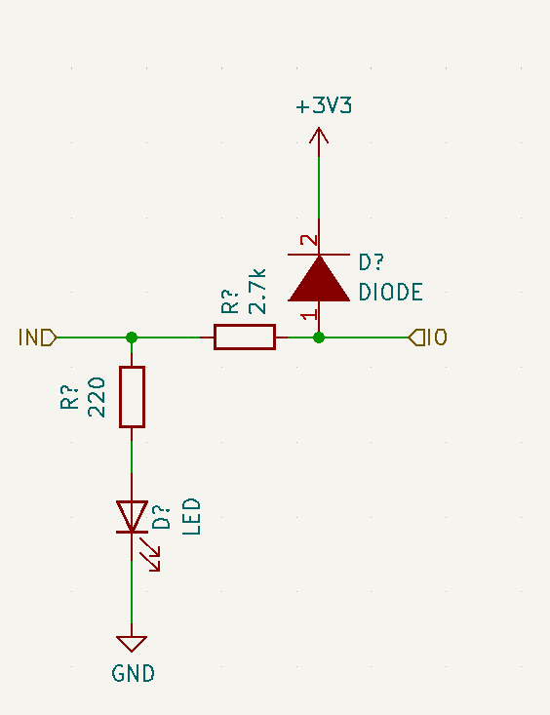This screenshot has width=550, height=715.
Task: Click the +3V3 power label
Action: (x=324, y=105)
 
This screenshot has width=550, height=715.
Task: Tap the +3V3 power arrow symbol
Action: (x=319, y=136)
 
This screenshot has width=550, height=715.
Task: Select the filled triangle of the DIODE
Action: (x=319, y=278)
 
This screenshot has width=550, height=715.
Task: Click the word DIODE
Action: (x=390, y=293)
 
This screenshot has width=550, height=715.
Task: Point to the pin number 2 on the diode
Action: (x=309, y=240)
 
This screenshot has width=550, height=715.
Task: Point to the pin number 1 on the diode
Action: (x=310, y=315)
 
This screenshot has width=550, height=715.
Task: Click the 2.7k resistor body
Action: (x=245, y=337)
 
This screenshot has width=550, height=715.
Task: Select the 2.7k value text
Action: (x=257, y=292)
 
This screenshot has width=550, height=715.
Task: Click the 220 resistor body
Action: (x=132, y=397)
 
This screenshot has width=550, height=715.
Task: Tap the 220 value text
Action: (x=97, y=397)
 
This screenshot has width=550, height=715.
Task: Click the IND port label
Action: (x=37, y=338)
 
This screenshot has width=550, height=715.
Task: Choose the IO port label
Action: (x=428, y=338)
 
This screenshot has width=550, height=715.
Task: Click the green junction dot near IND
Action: (x=132, y=338)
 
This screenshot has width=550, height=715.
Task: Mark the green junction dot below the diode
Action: (x=319, y=338)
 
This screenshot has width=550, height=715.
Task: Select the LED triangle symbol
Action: (x=132, y=517)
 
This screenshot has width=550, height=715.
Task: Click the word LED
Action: (x=191, y=517)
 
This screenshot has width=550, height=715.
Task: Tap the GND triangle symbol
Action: (x=132, y=644)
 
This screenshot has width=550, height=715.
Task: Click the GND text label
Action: (x=134, y=673)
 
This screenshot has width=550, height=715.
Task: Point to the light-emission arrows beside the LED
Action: (x=150, y=554)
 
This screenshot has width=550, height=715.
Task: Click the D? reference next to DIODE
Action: (x=372, y=262)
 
